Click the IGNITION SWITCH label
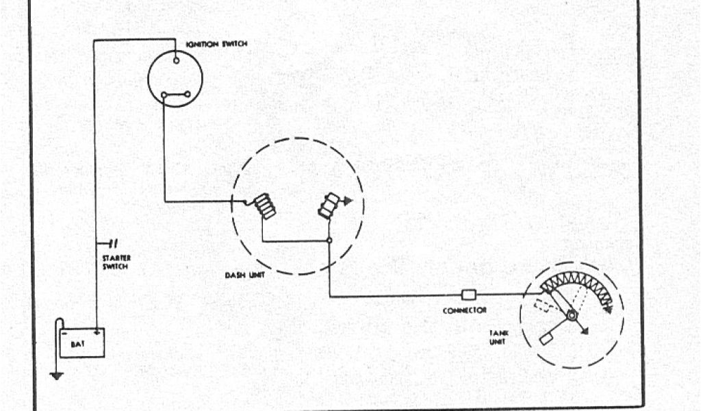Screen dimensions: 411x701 (x=216, y=45)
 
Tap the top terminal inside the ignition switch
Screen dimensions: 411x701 (x=177, y=61)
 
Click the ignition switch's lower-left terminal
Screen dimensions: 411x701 (x=164, y=95)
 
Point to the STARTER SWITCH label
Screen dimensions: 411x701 (x=116, y=262)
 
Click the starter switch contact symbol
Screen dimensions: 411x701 (x=113, y=243)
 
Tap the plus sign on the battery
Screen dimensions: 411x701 (x=97, y=333)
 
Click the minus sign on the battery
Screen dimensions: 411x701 (x=64, y=334)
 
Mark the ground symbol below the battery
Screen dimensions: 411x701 (x=57, y=375)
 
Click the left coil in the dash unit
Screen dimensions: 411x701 (x=265, y=207)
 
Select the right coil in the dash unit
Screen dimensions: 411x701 (x=329, y=206)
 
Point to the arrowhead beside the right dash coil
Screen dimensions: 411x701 (x=347, y=201)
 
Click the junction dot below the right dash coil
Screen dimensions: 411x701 (x=329, y=241)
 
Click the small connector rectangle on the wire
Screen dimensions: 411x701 (x=469, y=295)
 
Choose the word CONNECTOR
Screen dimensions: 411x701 (x=465, y=310)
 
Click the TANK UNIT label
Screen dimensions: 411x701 (x=497, y=337)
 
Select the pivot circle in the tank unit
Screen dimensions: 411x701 (x=570, y=316)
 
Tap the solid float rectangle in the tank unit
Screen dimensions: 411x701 (x=547, y=338)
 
